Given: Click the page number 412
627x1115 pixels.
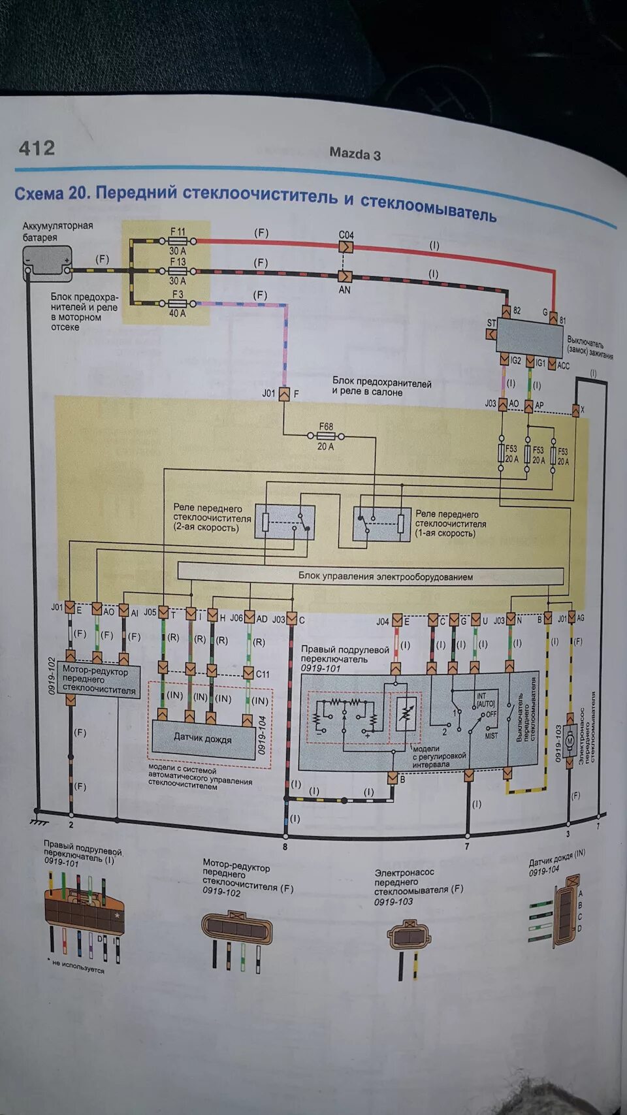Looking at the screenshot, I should click(37, 148).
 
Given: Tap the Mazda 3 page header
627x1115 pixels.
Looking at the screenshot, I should click(355, 154).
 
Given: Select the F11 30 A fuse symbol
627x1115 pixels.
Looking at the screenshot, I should click(178, 241).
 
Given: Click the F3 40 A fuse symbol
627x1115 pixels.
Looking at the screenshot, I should click(178, 304).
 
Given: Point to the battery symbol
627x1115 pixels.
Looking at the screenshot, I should click(47, 263).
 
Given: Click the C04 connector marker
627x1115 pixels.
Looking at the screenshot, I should click(346, 247).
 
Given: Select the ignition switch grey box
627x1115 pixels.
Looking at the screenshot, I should click(530, 338).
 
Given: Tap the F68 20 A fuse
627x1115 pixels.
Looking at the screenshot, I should click(325, 436).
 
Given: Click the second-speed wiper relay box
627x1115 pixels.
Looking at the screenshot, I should click(285, 522).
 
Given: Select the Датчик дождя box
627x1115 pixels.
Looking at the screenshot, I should click(203, 739).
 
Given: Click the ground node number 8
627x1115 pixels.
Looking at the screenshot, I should click(285, 846).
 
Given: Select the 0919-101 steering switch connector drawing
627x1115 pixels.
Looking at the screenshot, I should click(84, 908).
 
